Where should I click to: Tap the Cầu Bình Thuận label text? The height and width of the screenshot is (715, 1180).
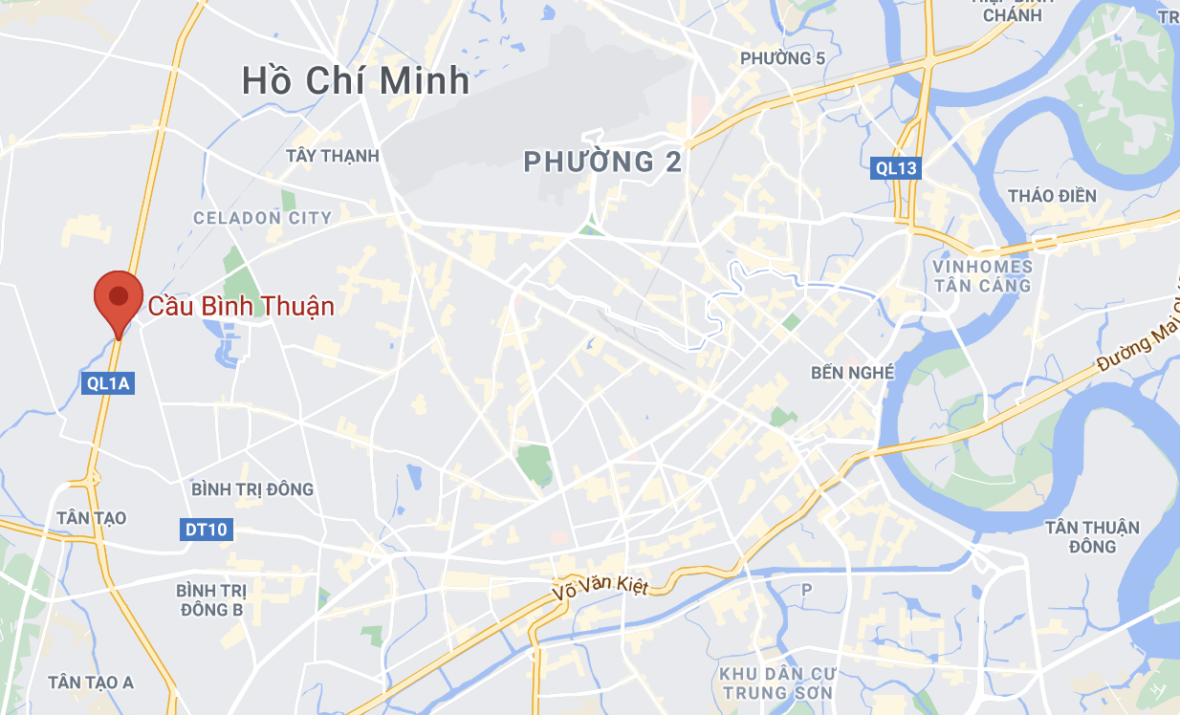241,307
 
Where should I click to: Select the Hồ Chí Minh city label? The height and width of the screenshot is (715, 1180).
356,80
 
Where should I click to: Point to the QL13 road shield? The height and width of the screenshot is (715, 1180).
896,169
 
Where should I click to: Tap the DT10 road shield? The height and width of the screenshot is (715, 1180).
207,529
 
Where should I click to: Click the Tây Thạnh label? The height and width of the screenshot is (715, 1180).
333,156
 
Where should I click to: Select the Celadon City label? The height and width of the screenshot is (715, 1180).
262,218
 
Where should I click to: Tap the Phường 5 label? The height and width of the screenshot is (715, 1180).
782,59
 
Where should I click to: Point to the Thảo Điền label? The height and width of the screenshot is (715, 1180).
1052,196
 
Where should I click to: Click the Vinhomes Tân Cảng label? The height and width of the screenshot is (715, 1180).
983,275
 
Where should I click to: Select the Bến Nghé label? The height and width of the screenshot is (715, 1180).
852,372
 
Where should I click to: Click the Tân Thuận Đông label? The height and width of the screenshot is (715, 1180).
1092,536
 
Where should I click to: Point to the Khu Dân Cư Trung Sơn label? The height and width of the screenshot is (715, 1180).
776,682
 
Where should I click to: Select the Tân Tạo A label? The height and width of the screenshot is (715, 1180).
91,682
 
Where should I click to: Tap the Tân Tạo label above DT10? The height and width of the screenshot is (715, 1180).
92,518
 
